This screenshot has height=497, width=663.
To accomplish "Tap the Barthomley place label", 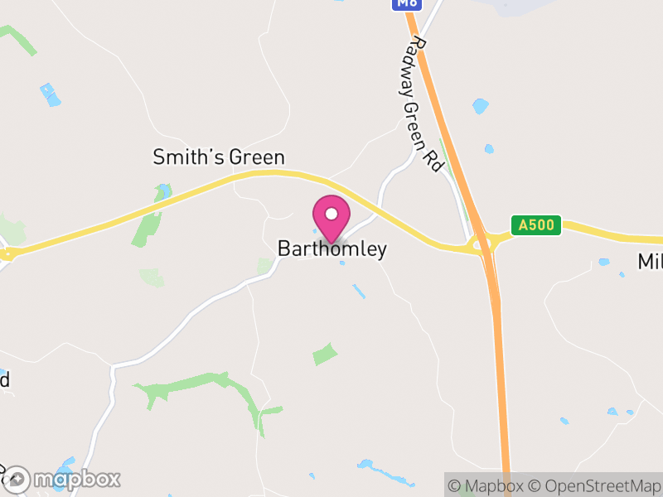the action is coord(331,249).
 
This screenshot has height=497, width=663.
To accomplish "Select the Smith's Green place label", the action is coord(219,157).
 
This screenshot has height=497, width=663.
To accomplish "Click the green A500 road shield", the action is coord(536,224).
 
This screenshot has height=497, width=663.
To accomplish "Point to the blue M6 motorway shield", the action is coord(407,4).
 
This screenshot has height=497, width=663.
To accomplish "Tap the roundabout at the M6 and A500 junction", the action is coord(482,244).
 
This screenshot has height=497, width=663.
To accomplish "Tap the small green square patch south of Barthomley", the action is coord(325,355).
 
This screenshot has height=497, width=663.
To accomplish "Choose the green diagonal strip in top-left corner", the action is coord(18,39).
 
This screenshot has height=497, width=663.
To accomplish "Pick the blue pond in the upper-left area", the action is coord(51,94).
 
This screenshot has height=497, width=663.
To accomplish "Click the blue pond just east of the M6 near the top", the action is coord(480,106).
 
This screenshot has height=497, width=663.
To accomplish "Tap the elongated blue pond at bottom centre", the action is coord(385,472).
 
